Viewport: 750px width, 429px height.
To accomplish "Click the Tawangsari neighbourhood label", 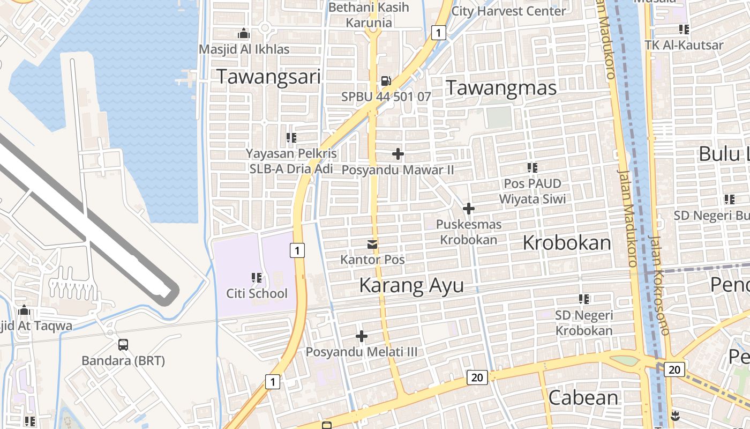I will coord(268,77).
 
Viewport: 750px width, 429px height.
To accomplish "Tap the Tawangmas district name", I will coord(501,87).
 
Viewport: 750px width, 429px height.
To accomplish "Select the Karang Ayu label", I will coord(411,285).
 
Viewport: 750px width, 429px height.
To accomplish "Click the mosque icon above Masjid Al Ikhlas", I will coord(244,34).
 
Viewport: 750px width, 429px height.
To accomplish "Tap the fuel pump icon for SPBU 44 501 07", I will coord(386,81).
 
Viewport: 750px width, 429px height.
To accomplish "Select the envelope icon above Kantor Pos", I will coord(372,245).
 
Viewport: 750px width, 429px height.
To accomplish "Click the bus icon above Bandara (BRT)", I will coord(123,345).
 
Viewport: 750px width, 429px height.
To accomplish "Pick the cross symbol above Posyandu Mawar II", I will coord(398,154).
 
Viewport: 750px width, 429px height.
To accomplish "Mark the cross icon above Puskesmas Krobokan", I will coord(469,209).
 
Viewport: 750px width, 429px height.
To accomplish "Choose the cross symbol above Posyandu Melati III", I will coord(362,337).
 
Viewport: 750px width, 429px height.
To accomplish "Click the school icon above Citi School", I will coord(257,278).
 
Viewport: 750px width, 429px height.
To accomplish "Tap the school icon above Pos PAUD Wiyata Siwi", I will coord(532,168).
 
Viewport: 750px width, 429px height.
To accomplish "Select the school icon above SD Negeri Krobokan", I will coord(584,299).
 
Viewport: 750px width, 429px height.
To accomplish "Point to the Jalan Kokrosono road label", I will coord(658,284).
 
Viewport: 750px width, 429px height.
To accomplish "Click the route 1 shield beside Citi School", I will coord(297,250).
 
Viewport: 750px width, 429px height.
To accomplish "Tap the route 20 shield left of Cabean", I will coord(477,378).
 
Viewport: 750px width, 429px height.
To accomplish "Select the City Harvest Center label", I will coord(508,11).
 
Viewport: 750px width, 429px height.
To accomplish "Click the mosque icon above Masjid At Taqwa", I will coord(24,310).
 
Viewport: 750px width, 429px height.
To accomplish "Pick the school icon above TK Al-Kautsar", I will coord(684,29).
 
